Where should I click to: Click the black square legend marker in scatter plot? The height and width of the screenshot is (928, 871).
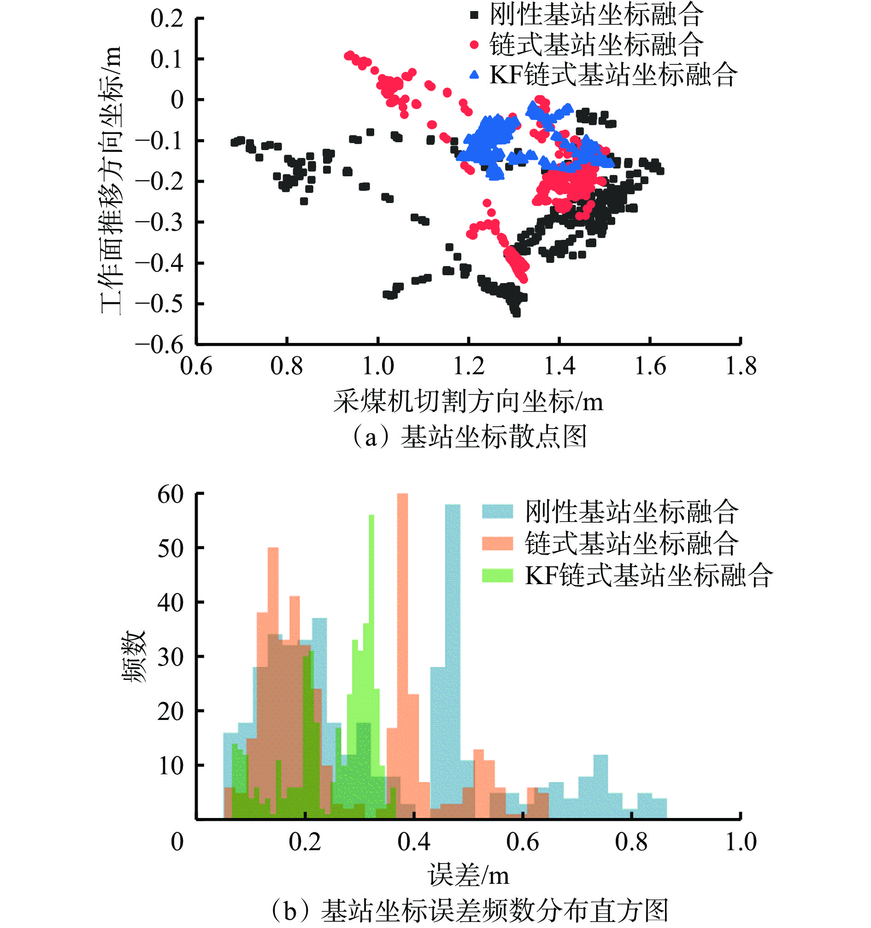click(x=474, y=15)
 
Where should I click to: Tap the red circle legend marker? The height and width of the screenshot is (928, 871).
click(x=474, y=45)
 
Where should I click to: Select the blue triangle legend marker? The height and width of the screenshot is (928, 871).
click(x=474, y=74)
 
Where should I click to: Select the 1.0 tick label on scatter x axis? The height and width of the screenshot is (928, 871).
click(x=378, y=366)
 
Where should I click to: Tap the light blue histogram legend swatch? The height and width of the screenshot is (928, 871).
click(x=497, y=511)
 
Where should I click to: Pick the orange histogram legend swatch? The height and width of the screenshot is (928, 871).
click(x=497, y=543)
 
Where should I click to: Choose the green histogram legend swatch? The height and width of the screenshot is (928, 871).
click(x=497, y=575)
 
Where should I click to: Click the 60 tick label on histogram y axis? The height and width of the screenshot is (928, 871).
click(x=171, y=494)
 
